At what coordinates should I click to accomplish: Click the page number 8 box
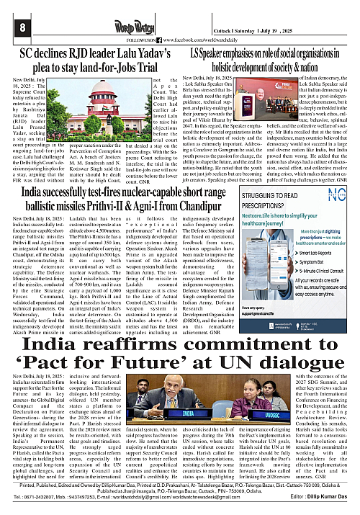[14, 27]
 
